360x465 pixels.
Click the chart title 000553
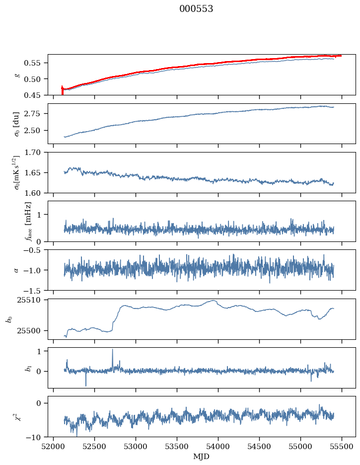click(196, 9)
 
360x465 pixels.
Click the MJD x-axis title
click(201, 457)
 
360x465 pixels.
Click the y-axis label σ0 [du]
click(16, 124)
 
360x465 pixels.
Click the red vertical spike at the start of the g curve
click(62, 90)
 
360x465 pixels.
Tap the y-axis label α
click(16, 270)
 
